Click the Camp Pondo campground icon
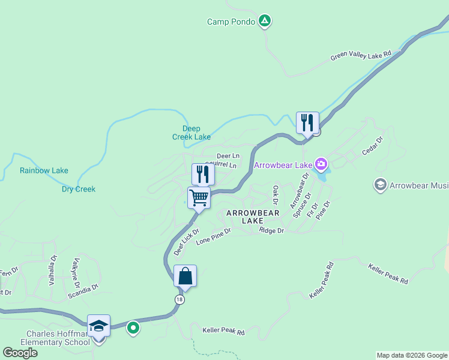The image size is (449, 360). click(x=265, y=21)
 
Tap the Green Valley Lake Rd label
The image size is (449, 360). click(x=360, y=56)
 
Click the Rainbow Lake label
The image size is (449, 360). click(x=44, y=170)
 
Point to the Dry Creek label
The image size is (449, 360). click(x=79, y=190)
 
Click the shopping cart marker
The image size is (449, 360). click(x=199, y=197)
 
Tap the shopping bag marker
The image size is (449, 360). click(x=185, y=276)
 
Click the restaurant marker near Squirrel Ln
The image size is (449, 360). click(x=203, y=174)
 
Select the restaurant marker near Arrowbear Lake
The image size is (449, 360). click(x=307, y=122)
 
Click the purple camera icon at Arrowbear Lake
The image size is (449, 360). click(x=321, y=164)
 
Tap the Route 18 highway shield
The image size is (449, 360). click(x=179, y=299)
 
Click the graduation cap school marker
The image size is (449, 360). click(x=98, y=326)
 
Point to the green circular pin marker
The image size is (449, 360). click(x=133, y=328)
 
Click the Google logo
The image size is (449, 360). click(x=20, y=352)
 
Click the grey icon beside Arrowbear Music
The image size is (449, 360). click(x=380, y=185)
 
